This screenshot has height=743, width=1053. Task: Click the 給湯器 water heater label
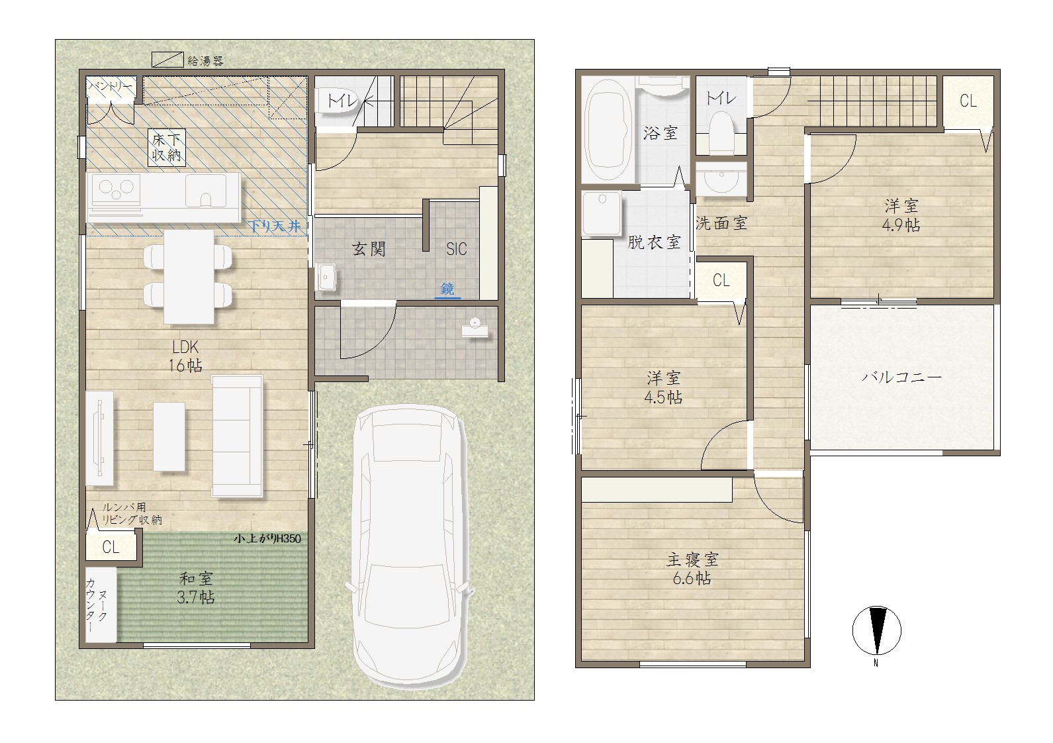point(205,61)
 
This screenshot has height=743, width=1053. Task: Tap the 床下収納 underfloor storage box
point(167,148)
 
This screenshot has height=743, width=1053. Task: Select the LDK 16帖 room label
point(186,356)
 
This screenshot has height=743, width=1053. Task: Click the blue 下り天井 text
point(275,226)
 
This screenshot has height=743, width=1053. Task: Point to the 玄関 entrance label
point(369,249)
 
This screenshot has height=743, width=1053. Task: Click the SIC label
point(457,249)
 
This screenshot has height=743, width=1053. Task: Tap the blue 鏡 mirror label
point(447,289)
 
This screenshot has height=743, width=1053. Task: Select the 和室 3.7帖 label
point(195,588)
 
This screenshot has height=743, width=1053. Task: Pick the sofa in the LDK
point(237,436)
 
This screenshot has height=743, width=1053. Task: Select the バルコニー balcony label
point(901,377)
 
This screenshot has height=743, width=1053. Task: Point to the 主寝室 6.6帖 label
point(692,569)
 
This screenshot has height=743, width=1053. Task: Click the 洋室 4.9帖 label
point(901,215)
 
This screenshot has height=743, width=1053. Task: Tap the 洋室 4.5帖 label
point(663,388)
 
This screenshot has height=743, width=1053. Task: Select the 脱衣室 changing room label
point(654,242)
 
